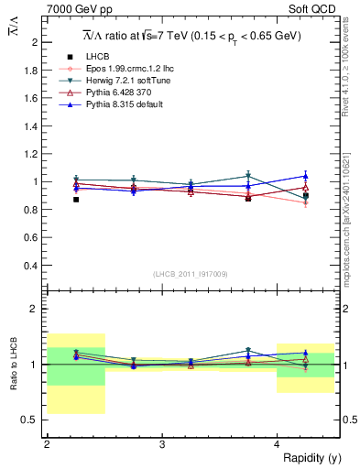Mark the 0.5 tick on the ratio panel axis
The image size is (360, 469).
click(x=32, y=420)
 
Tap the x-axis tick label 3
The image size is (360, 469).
click(x=162, y=444)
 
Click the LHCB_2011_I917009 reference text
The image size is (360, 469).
click(x=191, y=274)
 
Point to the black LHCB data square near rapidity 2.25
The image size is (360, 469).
click(x=76, y=200)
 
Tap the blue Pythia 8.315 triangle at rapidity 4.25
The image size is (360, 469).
click(x=306, y=176)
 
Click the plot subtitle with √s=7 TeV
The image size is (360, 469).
click(x=191, y=36)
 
